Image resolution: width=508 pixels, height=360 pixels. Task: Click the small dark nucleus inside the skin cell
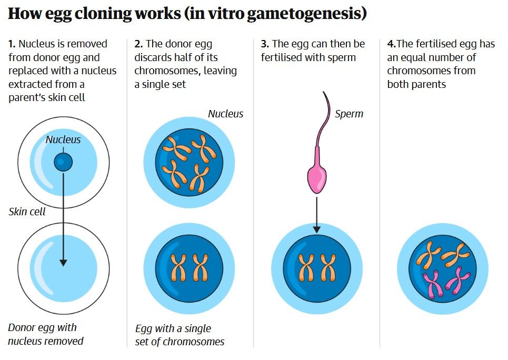[x=63, y=162]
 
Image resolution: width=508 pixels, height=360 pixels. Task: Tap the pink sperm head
[x=316, y=177]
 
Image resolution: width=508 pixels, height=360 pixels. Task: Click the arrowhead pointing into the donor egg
[x=63, y=262]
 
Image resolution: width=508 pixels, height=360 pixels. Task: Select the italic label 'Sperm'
[x=349, y=114]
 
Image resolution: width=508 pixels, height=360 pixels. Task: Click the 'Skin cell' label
[x=27, y=212]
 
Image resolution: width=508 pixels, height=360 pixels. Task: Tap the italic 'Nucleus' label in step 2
[x=225, y=114]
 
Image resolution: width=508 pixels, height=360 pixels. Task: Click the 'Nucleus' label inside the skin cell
[x=63, y=139]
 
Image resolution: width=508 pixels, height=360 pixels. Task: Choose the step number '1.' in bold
[x=12, y=44]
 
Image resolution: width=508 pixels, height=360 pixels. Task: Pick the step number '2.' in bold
[x=138, y=44]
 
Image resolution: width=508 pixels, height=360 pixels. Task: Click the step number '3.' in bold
[x=265, y=44]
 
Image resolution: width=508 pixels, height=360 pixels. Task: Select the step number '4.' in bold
[x=391, y=44]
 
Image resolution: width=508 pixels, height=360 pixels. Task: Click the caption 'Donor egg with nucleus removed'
[x=46, y=334]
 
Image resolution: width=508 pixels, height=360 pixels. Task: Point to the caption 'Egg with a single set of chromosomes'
[x=180, y=335]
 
